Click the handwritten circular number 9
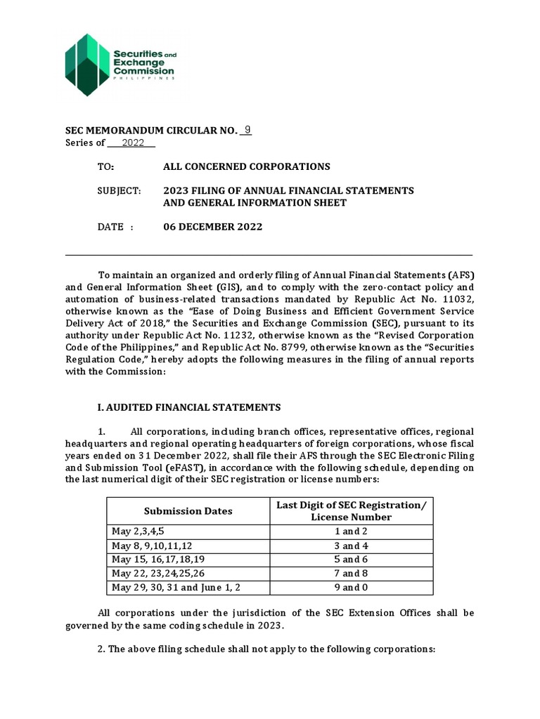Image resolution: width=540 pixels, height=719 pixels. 246,131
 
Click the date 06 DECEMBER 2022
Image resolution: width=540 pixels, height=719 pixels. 213,227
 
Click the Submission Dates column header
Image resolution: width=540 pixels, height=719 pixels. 188,511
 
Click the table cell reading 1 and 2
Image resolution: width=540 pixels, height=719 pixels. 351,532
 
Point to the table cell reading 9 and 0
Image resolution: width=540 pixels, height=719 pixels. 351,587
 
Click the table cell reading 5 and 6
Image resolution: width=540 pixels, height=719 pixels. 351,560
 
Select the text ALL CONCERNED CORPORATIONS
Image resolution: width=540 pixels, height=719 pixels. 246,166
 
